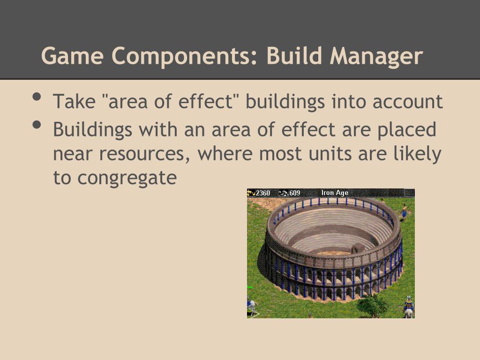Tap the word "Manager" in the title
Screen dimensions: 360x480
tap(376, 56)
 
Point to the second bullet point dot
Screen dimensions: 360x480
tap(37, 126)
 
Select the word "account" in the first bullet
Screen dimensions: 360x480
tap(408, 102)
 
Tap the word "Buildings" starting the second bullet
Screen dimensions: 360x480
tap(92, 130)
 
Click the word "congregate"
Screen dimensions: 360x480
tap(127, 178)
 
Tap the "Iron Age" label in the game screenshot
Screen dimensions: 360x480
tap(335, 193)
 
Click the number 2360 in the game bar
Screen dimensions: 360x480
tap(262, 193)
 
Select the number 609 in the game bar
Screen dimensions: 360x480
tap(294, 193)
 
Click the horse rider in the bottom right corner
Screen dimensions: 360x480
tap(409, 307)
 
